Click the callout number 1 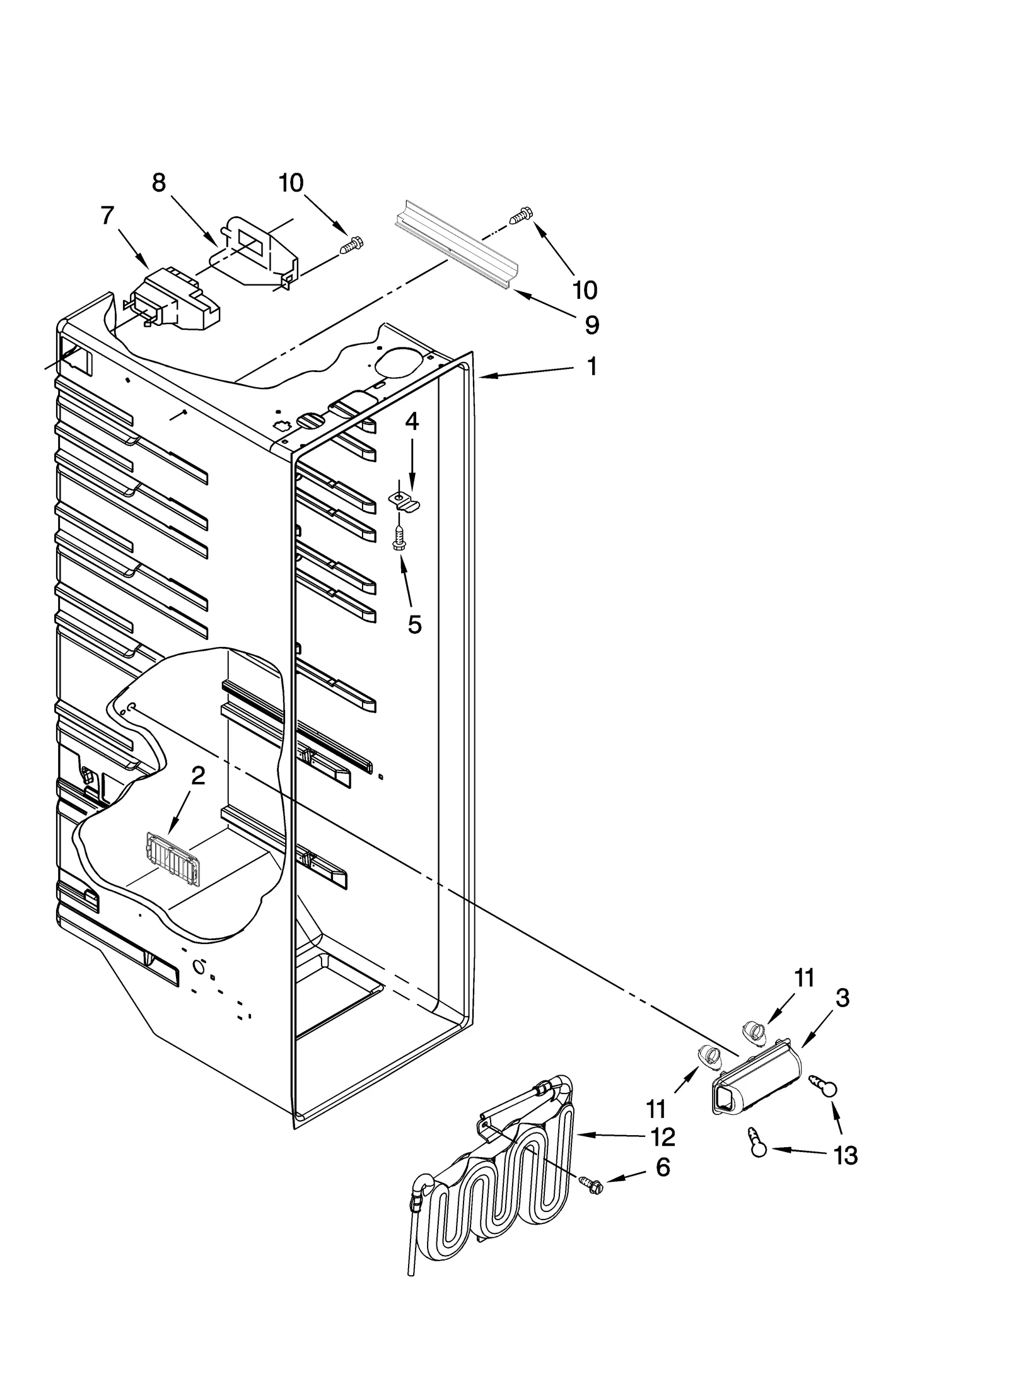[591, 366]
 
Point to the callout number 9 [591, 325]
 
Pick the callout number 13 [845, 1155]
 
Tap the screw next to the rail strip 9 [521, 216]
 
